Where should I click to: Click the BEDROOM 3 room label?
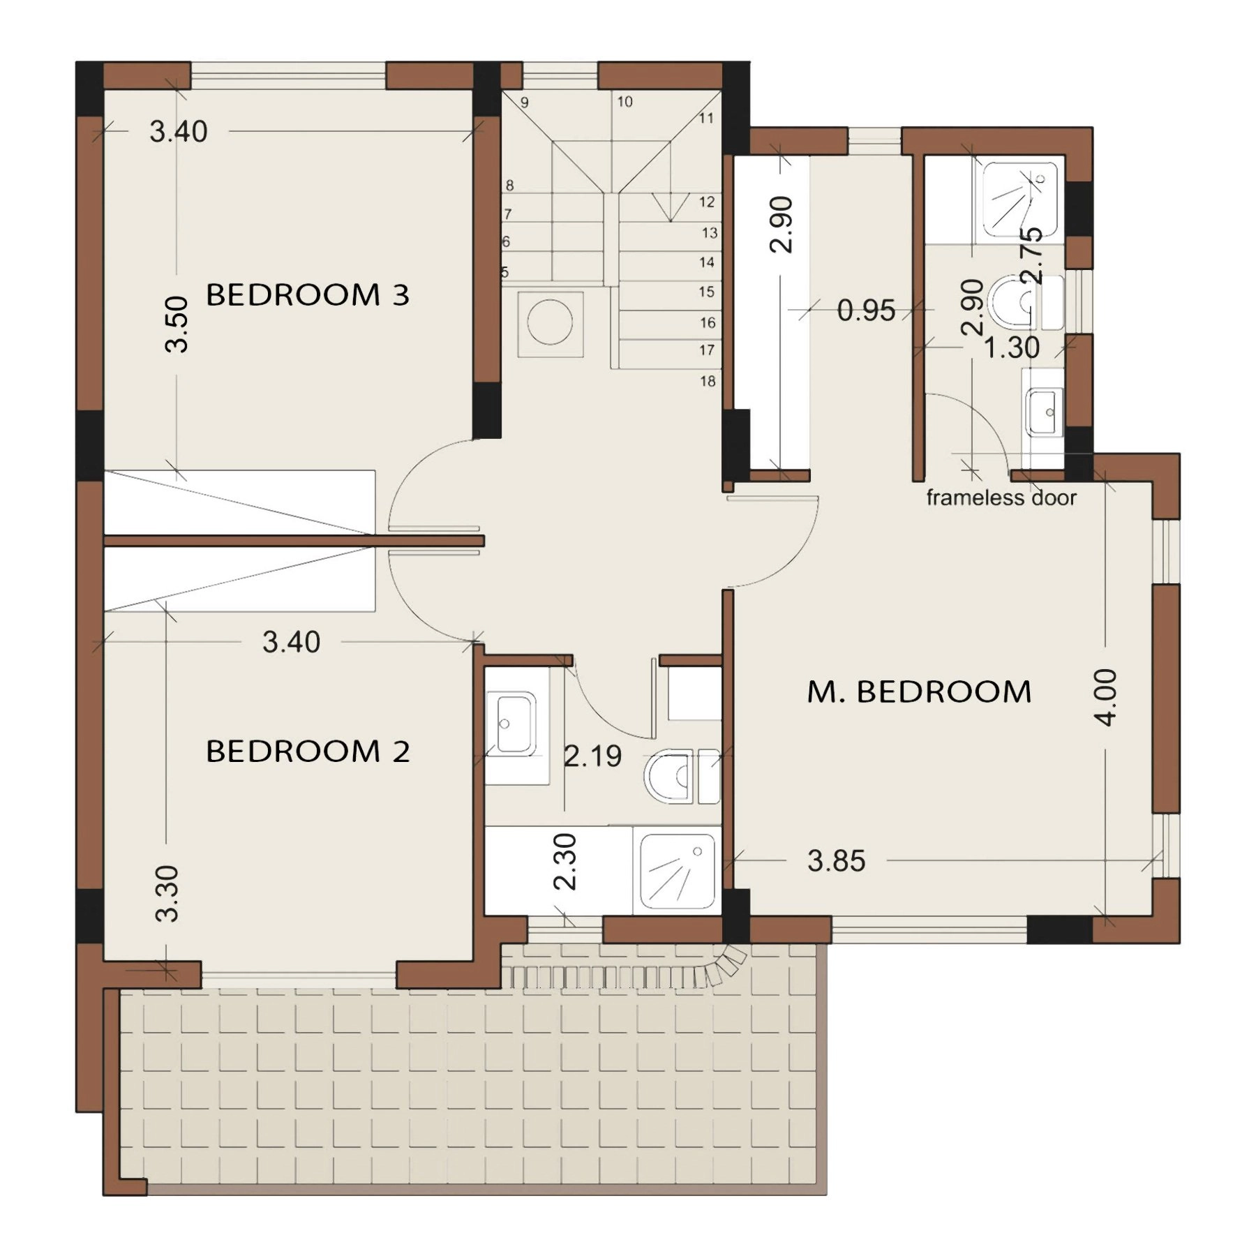click(x=307, y=294)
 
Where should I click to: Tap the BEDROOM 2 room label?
click(x=307, y=752)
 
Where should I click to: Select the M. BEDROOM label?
click(x=919, y=691)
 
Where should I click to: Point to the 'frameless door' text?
click(x=1001, y=498)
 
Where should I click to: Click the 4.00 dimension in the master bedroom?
click(x=1107, y=697)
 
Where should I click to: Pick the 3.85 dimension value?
click(x=837, y=861)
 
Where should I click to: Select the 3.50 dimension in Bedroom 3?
click(x=177, y=324)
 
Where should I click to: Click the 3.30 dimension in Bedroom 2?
click(x=167, y=894)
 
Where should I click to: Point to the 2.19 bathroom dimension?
click(x=592, y=756)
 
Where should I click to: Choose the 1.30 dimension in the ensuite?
click(x=1011, y=347)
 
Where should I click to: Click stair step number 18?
click(x=708, y=381)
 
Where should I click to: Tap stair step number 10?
click(x=625, y=102)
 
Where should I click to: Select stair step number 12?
click(x=707, y=202)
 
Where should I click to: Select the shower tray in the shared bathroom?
click(x=678, y=872)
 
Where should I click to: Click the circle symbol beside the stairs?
click(x=551, y=324)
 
